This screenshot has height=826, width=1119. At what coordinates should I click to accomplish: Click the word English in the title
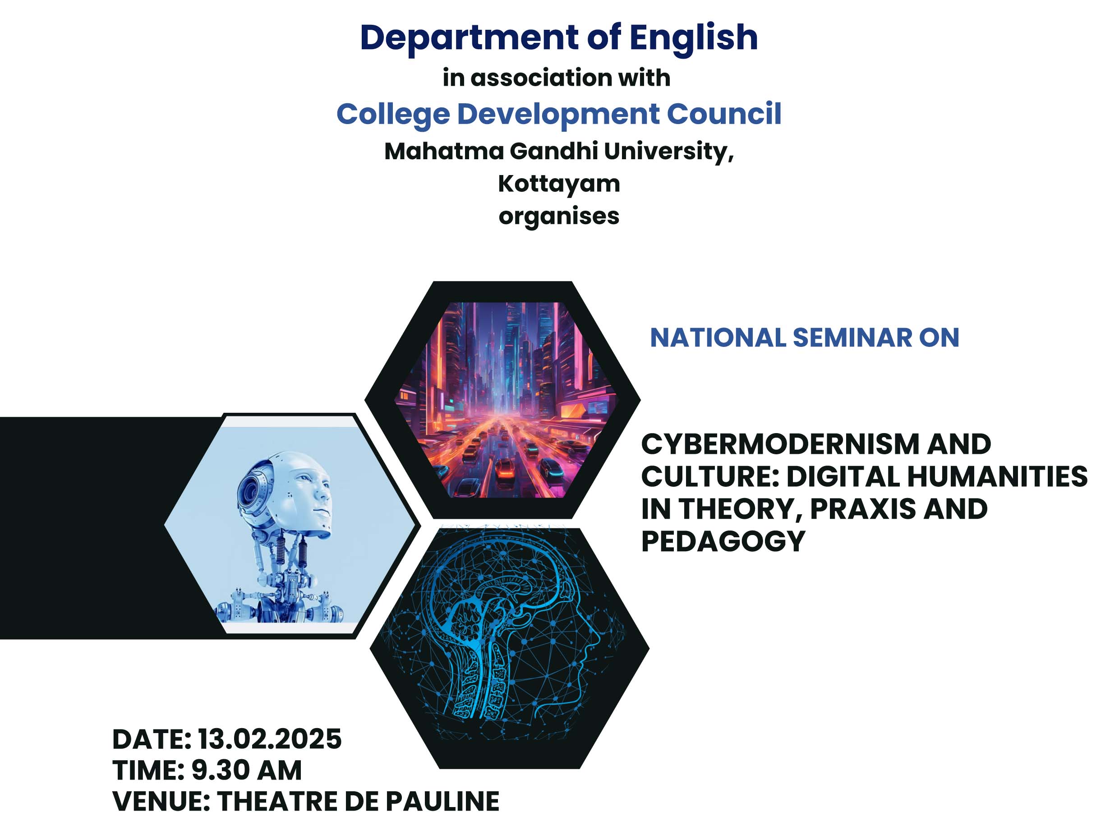693,38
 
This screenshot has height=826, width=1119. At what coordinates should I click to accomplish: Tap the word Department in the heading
469,38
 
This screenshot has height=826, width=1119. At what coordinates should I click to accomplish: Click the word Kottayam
559,185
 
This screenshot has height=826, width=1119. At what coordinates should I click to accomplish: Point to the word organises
559,217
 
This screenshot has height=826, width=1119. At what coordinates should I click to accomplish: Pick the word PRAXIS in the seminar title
863,508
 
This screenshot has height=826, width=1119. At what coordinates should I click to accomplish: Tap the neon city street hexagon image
503,400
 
